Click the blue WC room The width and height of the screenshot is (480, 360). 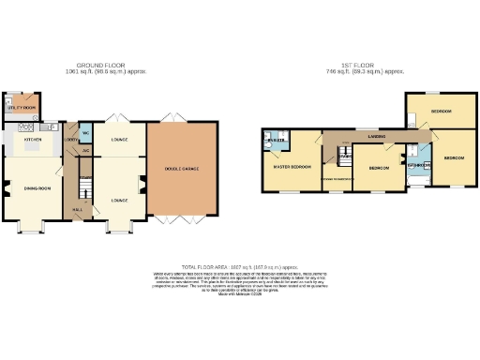pyautogui.click(x=86, y=130)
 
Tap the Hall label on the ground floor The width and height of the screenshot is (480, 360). pyautogui.click(x=78, y=211)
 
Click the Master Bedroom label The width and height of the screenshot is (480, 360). pyautogui.click(x=291, y=167)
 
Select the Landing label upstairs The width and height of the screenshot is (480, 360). pyautogui.click(x=375, y=136)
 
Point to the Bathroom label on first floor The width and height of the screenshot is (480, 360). pyautogui.click(x=418, y=166)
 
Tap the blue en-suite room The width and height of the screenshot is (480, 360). pyautogui.click(x=278, y=142)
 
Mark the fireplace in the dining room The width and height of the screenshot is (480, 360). pyautogui.click(x=6, y=187)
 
